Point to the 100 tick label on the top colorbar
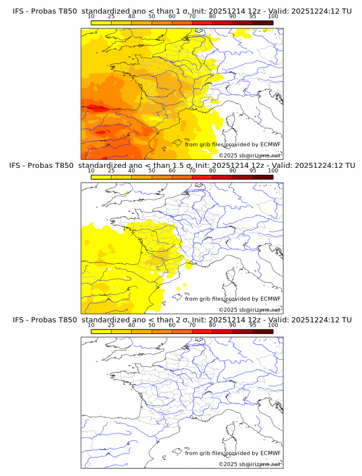pyautogui.click(x=273, y=16)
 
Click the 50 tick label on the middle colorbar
pyautogui.click(x=152, y=171)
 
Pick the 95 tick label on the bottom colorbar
pyautogui.click(x=253, y=325)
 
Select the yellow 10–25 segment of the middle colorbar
pyautogui.click(x=101, y=176)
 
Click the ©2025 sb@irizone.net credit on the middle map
pyautogui.click(x=249, y=309)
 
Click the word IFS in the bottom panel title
pyautogui.click(x=20, y=320)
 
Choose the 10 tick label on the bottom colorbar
pyautogui.click(x=91, y=325)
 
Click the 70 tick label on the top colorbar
pyautogui.click(x=192, y=16)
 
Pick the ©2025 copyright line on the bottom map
pyautogui.click(x=249, y=464)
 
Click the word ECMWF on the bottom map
pyautogui.click(x=270, y=453)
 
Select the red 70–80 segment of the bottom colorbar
pyautogui.click(x=202, y=331)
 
